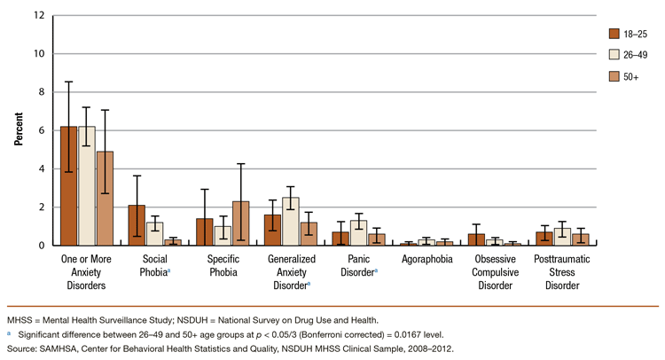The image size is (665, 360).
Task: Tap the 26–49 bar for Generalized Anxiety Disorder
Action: tap(291, 222)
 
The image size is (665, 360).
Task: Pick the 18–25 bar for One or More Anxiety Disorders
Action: tap(68, 186)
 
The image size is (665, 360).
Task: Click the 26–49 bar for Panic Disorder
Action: tap(358, 233)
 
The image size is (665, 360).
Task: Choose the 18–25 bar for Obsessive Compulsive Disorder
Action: tap(476, 239)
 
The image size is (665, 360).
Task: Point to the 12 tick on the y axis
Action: tap(40, 16)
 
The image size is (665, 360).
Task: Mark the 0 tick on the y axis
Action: tap(42, 246)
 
